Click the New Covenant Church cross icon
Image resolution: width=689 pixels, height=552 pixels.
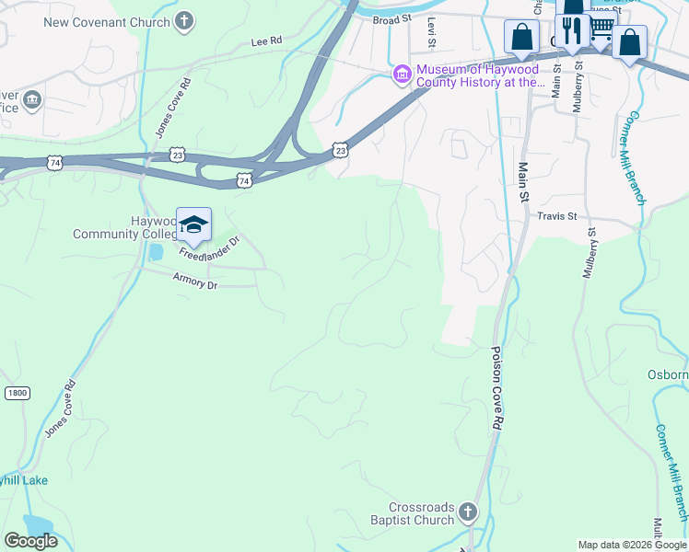(184, 21)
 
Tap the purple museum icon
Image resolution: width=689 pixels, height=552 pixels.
(402, 75)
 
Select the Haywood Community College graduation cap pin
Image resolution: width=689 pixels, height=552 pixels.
(193, 224)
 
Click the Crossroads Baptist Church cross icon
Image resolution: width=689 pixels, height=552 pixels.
(468, 512)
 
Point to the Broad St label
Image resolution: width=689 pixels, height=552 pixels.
(391, 18)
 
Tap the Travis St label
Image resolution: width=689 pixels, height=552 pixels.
(556, 217)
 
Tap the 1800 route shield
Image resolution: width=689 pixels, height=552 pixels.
(17, 393)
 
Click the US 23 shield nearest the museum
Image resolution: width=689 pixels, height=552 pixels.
(341, 149)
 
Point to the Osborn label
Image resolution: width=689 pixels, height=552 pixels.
(668, 374)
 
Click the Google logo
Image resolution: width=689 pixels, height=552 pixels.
(31, 540)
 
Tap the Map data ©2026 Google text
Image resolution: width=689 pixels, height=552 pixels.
(632, 545)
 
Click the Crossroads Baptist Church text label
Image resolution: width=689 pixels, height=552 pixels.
(421, 513)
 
